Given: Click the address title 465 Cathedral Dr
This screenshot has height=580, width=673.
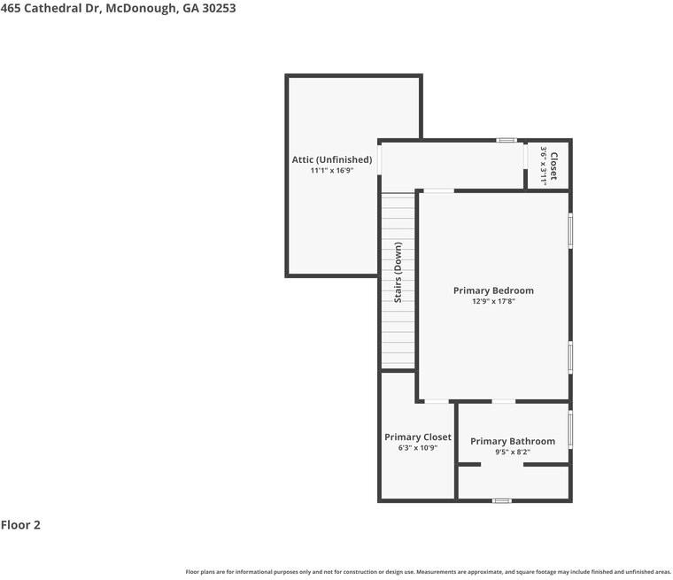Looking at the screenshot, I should (x=118, y=8).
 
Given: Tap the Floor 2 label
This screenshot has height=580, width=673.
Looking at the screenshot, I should (x=20, y=525).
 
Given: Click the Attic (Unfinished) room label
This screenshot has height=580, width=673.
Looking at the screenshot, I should (x=332, y=160).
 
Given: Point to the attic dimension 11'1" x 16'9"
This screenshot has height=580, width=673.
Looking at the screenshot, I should (x=332, y=171).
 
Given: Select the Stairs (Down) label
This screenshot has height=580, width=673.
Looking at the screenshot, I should (x=398, y=272).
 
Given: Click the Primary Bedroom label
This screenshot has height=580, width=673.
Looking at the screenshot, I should (x=493, y=290).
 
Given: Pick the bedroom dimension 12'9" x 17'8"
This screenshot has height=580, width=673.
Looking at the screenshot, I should (x=493, y=302).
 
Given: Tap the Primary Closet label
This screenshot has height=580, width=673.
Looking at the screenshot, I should (x=418, y=437).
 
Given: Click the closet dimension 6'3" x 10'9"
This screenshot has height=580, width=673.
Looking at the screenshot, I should (x=418, y=448).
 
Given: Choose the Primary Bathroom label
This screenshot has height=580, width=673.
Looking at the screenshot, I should (x=513, y=441).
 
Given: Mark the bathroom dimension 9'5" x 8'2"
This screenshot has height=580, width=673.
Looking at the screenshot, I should (x=513, y=452).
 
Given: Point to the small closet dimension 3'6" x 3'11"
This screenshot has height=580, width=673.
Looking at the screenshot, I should (x=543, y=166).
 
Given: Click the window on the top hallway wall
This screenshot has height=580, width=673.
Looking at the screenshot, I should (x=507, y=140).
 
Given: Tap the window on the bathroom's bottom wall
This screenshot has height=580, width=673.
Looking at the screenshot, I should (x=502, y=501).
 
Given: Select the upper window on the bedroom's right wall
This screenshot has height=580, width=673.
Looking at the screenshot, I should (x=570, y=230).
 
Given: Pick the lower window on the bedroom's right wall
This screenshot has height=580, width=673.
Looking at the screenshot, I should (x=570, y=357).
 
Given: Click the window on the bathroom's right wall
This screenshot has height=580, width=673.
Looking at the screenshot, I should (x=570, y=429).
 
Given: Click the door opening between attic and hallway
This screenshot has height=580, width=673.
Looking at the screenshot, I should (x=379, y=159).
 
